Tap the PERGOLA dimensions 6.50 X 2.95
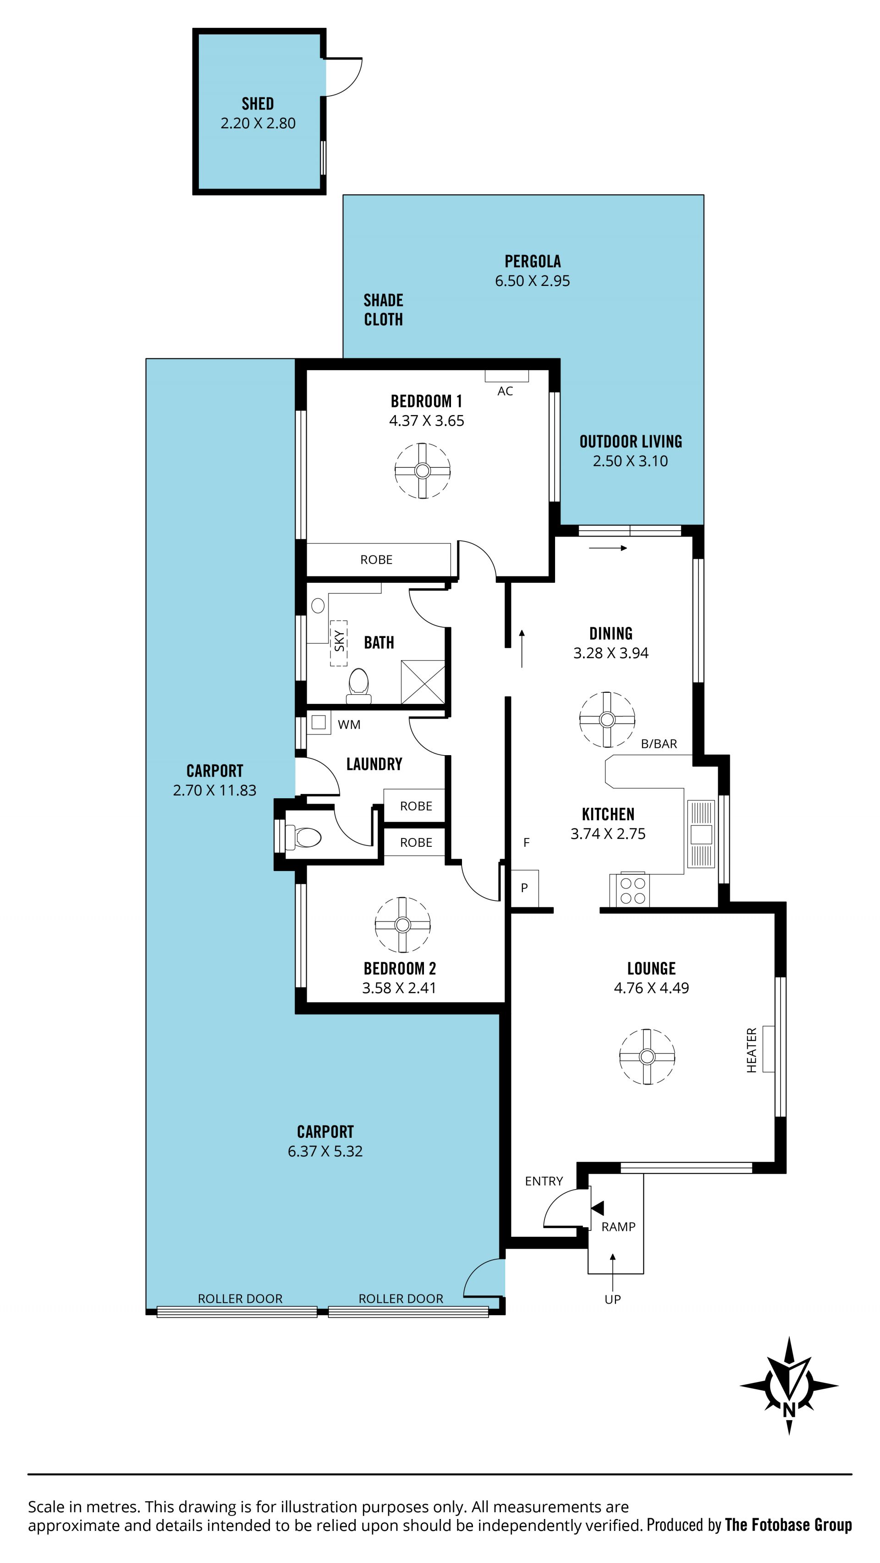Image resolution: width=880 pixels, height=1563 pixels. pyautogui.click(x=532, y=281)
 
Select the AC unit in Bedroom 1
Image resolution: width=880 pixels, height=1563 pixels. pyautogui.click(x=506, y=376)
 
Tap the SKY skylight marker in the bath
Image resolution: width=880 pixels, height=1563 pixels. pyautogui.click(x=339, y=643)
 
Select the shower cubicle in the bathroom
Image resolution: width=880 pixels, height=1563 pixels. pyautogui.click(x=423, y=682)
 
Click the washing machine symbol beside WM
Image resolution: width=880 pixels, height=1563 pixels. pyautogui.click(x=319, y=722)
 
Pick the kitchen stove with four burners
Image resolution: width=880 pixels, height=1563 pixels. pyautogui.click(x=633, y=890)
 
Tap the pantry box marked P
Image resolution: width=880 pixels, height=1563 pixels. pyautogui.click(x=524, y=888)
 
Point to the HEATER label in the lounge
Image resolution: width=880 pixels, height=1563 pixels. pyautogui.click(x=751, y=1050)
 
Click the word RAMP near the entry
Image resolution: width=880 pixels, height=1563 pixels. pyautogui.click(x=618, y=1227)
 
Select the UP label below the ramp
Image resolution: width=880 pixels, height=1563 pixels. pyautogui.click(x=612, y=1299)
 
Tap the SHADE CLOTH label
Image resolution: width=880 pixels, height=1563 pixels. pyautogui.click(x=383, y=309)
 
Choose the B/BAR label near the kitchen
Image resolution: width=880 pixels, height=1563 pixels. pyautogui.click(x=659, y=744)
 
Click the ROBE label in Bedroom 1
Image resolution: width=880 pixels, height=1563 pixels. pyautogui.click(x=376, y=559)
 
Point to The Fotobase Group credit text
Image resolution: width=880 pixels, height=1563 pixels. pyautogui.click(x=788, y=1525)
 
